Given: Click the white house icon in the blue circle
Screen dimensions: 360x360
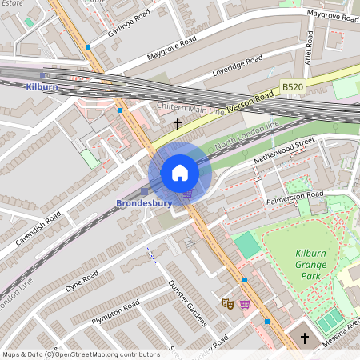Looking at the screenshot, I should point(180,173).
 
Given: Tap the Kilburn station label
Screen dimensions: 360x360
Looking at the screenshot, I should point(42,86).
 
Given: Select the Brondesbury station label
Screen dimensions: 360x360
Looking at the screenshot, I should point(144,203).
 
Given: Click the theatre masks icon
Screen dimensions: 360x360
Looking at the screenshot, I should point(227,304).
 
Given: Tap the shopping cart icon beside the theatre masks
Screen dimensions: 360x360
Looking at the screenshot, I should point(244,304).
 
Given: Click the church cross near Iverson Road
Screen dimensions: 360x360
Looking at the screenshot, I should point(178,123).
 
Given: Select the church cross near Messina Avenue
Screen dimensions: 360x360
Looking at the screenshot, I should point(303,338).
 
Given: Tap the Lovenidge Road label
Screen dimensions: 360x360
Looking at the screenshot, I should point(234,70).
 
